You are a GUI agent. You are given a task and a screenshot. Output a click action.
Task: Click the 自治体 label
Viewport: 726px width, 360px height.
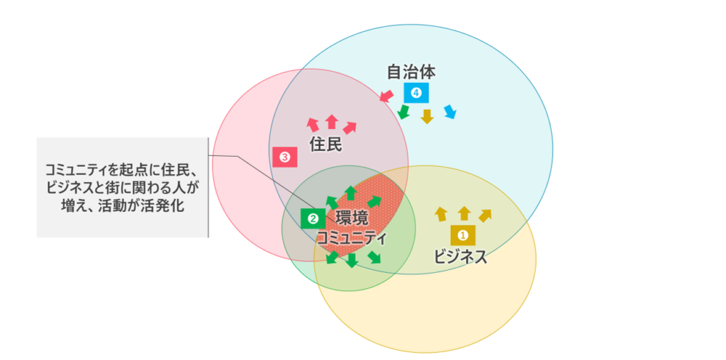pyautogui.click(x=411, y=72)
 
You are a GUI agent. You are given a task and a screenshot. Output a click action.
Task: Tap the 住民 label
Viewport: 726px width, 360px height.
pyautogui.click(x=326, y=145)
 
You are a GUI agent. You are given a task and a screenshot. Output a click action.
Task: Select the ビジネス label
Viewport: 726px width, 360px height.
pyautogui.click(x=461, y=257)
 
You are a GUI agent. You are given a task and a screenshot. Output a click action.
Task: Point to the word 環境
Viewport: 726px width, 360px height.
pyautogui.click(x=352, y=218)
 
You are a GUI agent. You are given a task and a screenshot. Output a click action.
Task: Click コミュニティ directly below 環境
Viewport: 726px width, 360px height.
pyautogui.click(x=352, y=238)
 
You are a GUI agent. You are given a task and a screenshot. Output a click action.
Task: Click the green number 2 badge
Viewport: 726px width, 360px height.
pyautogui.click(x=311, y=218)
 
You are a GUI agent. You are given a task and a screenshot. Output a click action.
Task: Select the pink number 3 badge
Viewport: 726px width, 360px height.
pyautogui.click(x=284, y=157)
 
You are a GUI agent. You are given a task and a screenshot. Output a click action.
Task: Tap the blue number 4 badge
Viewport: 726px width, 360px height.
pyautogui.click(x=416, y=92)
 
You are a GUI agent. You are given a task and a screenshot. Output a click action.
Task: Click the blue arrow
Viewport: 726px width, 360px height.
pyautogui.click(x=449, y=111)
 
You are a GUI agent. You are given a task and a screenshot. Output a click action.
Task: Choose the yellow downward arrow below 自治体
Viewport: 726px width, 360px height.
pyautogui.click(x=427, y=116)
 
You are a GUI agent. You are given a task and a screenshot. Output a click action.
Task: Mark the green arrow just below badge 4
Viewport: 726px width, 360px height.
pyautogui.click(x=403, y=112)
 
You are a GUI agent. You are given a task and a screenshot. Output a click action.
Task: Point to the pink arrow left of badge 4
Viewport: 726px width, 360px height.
pyautogui.click(x=386, y=96)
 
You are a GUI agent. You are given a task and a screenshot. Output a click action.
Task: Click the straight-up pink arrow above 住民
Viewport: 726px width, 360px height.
pyautogui.click(x=331, y=121)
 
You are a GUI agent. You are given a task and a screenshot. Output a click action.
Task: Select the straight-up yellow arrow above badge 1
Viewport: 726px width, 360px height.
pyautogui.click(x=464, y=213)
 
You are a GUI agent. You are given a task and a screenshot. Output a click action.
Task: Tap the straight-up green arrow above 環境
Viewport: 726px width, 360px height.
pyautogui.click(x=350, y=192)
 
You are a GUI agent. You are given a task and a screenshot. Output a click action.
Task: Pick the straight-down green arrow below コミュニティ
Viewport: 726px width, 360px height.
pyautogui.click(x=352, y=260)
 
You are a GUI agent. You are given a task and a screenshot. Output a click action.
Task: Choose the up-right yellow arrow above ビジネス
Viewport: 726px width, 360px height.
pyautogui.click(x=485, y=215)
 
